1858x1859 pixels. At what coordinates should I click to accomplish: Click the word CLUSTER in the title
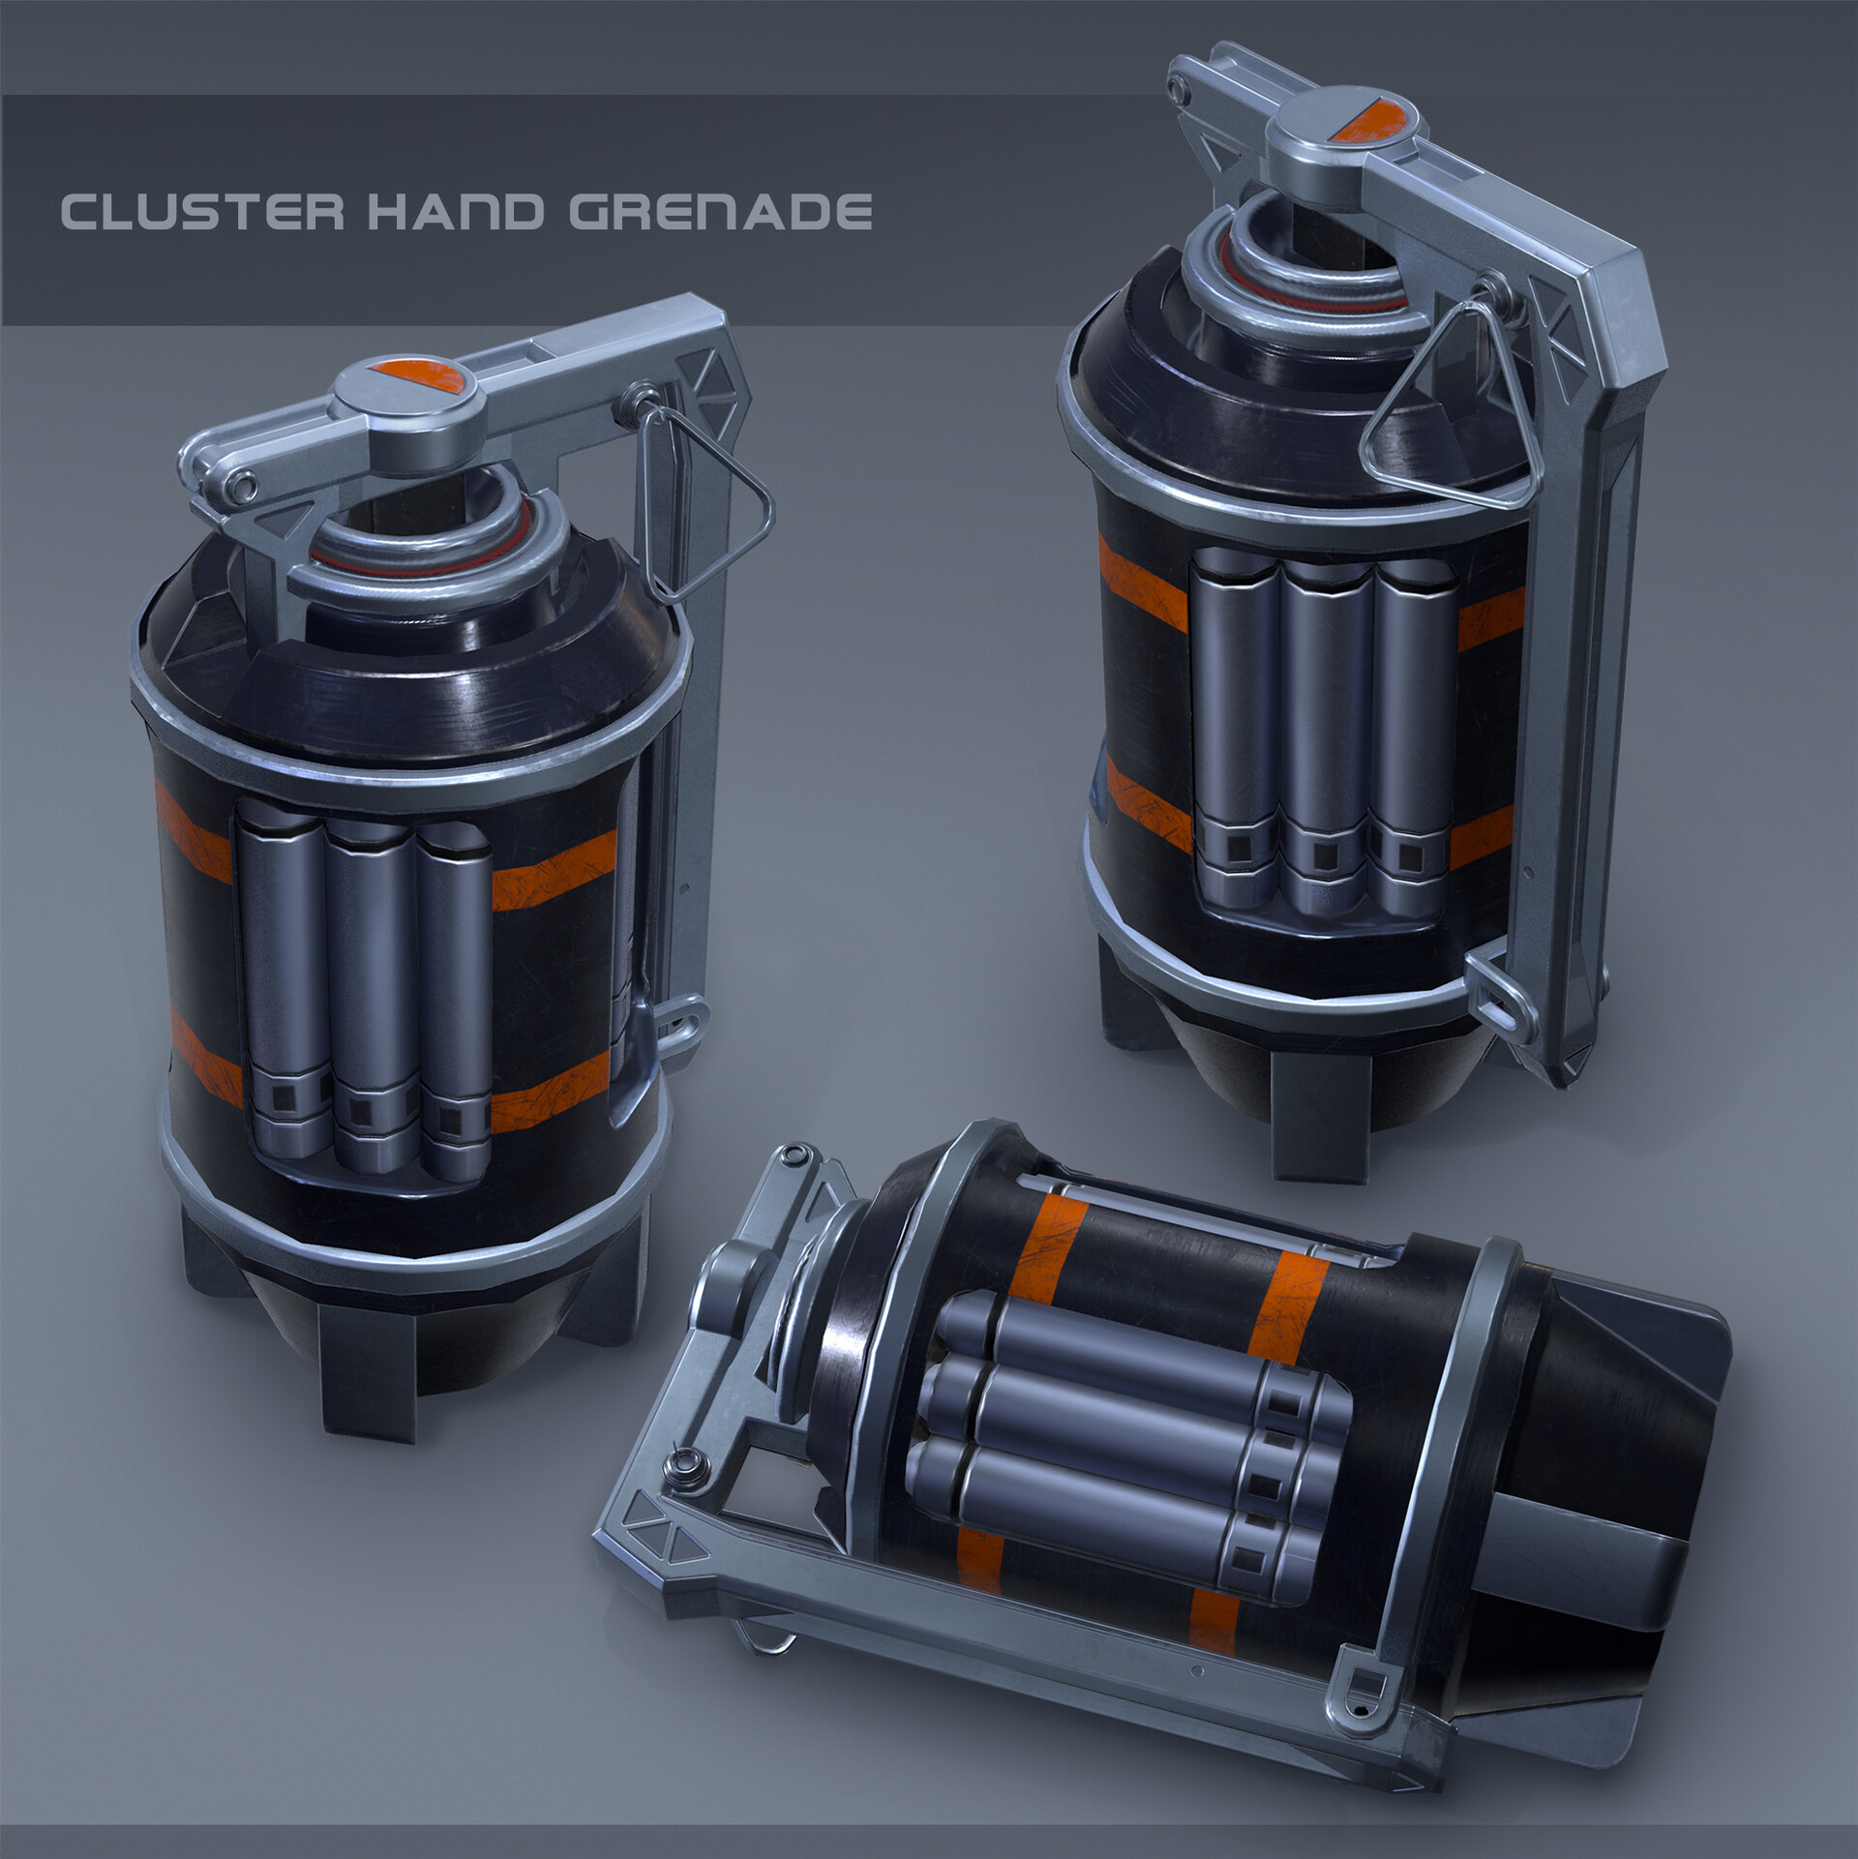tap(201, 213)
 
